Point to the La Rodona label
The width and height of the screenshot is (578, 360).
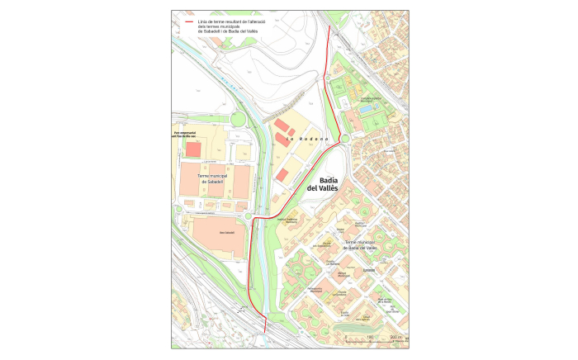(x=301, y=139)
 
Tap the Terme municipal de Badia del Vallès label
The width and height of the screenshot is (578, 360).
(x=355, y=245)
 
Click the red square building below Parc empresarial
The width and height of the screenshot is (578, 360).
(x=193, y=149)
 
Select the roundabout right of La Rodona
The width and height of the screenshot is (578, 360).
(x=345, y=138)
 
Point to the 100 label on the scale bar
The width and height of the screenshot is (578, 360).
(x=370, y=338)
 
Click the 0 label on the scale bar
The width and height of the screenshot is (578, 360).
(x=344, y=338)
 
